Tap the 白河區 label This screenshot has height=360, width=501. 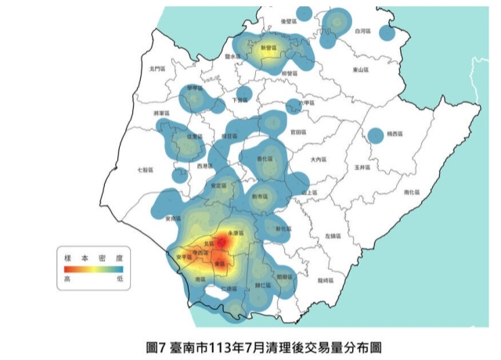[x=361, y=31]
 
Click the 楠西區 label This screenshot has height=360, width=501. [x=398, y=135]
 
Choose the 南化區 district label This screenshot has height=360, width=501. [x=410, y=192]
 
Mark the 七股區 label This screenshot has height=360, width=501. [x=146, y=169]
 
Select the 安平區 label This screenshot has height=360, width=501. [x=183, y=257]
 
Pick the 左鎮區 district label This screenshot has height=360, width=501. [x=332, y=235]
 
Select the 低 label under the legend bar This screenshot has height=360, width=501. [x=120, y=278]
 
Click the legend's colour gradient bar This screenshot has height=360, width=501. [x=94, y=268]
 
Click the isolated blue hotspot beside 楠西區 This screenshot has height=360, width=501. [x=376, y=135]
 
